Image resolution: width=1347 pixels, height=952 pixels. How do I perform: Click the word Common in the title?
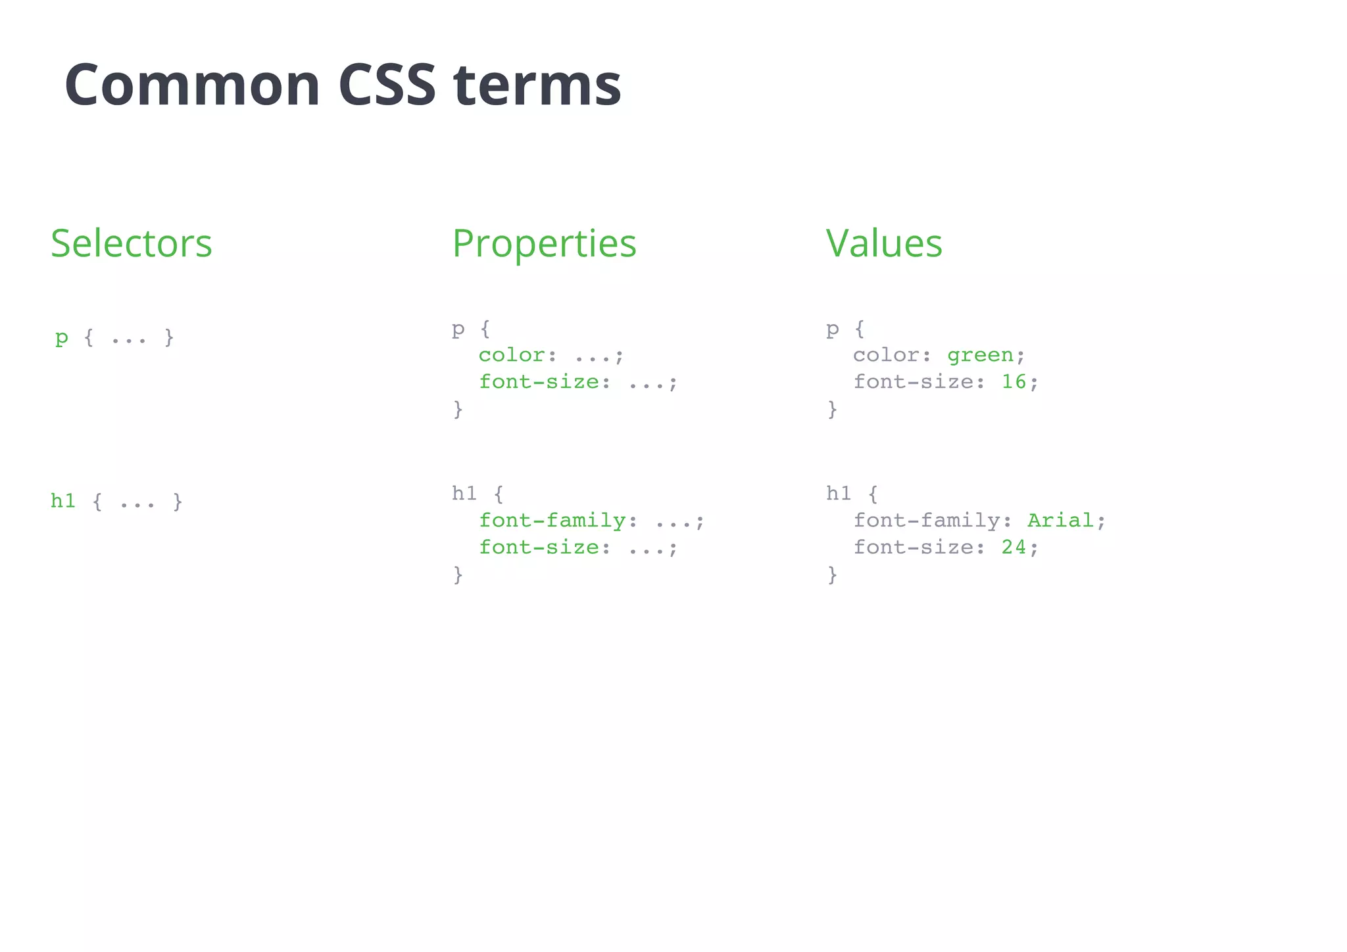(192, 85)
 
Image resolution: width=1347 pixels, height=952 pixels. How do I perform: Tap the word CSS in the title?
(387, 85)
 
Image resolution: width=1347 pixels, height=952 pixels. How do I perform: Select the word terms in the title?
(537, 85)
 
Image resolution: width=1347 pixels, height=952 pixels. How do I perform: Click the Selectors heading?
(132, 243)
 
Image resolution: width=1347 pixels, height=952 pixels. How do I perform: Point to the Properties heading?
(544, 243)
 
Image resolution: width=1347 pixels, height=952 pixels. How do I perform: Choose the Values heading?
(883, 243)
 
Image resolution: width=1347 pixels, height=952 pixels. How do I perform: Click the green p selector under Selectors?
(62, 338)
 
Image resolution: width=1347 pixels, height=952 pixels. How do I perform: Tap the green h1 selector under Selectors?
(63, 501)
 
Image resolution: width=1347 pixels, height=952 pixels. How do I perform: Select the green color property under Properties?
(511, 355)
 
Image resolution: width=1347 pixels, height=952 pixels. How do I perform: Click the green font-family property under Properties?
(551, 521)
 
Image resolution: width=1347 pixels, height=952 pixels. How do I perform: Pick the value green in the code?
(980, 355)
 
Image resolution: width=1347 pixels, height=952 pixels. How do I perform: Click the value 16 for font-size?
(1014, 382)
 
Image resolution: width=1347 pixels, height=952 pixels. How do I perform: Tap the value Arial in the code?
(1060, 521)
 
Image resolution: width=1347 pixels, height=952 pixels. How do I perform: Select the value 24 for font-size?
(1014, 548)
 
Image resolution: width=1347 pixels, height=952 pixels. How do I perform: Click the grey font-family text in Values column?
(926, 521)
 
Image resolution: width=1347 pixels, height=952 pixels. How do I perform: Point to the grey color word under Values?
(886, 355)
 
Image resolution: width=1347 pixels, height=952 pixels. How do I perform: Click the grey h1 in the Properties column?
(464, 493)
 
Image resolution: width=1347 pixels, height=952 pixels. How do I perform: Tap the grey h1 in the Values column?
(839, 493)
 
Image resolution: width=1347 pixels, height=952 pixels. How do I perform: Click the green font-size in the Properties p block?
(538, 382)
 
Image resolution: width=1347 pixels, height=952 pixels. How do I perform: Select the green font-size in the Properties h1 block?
(538, 548)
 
